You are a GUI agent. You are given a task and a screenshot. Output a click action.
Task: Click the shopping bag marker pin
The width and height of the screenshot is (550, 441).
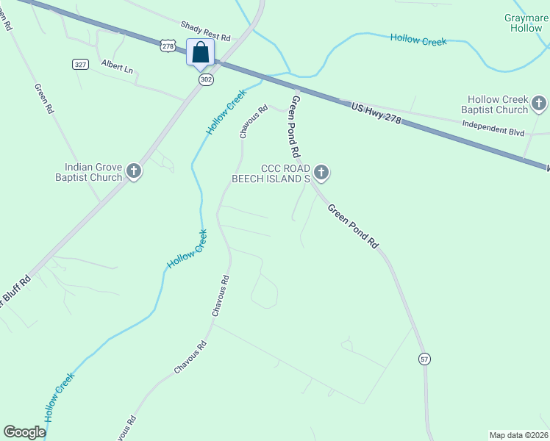[201, 53]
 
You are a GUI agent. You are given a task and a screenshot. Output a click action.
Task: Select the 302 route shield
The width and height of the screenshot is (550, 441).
[205, 79]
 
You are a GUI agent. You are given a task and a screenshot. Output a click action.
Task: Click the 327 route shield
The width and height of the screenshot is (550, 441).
[80, 65]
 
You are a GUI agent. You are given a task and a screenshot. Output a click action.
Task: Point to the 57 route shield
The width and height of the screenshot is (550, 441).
[424, 359]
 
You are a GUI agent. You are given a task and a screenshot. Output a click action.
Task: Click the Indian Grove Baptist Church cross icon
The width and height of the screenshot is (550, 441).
[134, 172]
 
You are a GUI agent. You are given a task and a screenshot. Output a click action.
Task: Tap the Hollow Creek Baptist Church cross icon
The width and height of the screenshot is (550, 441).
[540, 104]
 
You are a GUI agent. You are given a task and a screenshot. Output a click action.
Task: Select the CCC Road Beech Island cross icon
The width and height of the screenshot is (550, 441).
[321, 173]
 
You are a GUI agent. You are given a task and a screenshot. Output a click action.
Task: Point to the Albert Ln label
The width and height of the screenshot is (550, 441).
[118, 68]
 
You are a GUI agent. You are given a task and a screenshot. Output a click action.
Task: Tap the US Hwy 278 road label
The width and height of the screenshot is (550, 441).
[376, 112]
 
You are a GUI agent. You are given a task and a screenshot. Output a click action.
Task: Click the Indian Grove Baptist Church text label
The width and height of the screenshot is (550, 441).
[87, 172]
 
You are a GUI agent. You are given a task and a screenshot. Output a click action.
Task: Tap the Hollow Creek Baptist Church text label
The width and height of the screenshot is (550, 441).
[494, 104]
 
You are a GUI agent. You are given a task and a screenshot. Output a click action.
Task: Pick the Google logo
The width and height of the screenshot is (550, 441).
[24, 432]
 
